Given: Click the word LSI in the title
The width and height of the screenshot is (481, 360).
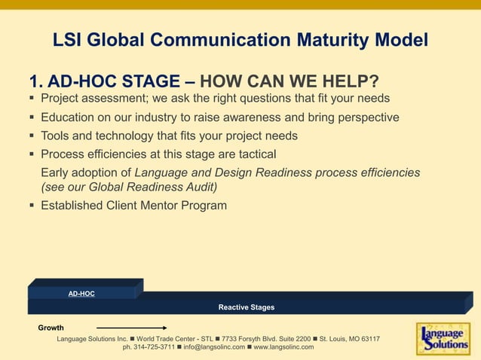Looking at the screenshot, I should (69, 39).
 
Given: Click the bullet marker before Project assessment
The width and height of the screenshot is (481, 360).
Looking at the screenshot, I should (32, 99).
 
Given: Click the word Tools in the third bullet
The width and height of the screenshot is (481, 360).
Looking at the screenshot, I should (57, 136).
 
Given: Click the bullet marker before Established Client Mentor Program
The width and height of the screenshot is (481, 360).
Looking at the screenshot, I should (32, 206).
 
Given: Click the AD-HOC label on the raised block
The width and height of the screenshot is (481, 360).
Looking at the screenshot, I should (81, 293).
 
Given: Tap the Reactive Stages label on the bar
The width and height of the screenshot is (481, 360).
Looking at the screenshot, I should (247, 307).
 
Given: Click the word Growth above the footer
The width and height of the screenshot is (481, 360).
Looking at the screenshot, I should (51, 328).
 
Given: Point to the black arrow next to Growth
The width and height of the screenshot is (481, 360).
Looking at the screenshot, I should (132, 328).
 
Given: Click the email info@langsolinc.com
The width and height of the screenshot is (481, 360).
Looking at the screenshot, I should (213, 347).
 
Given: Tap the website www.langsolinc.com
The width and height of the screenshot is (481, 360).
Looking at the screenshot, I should (283, 347).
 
